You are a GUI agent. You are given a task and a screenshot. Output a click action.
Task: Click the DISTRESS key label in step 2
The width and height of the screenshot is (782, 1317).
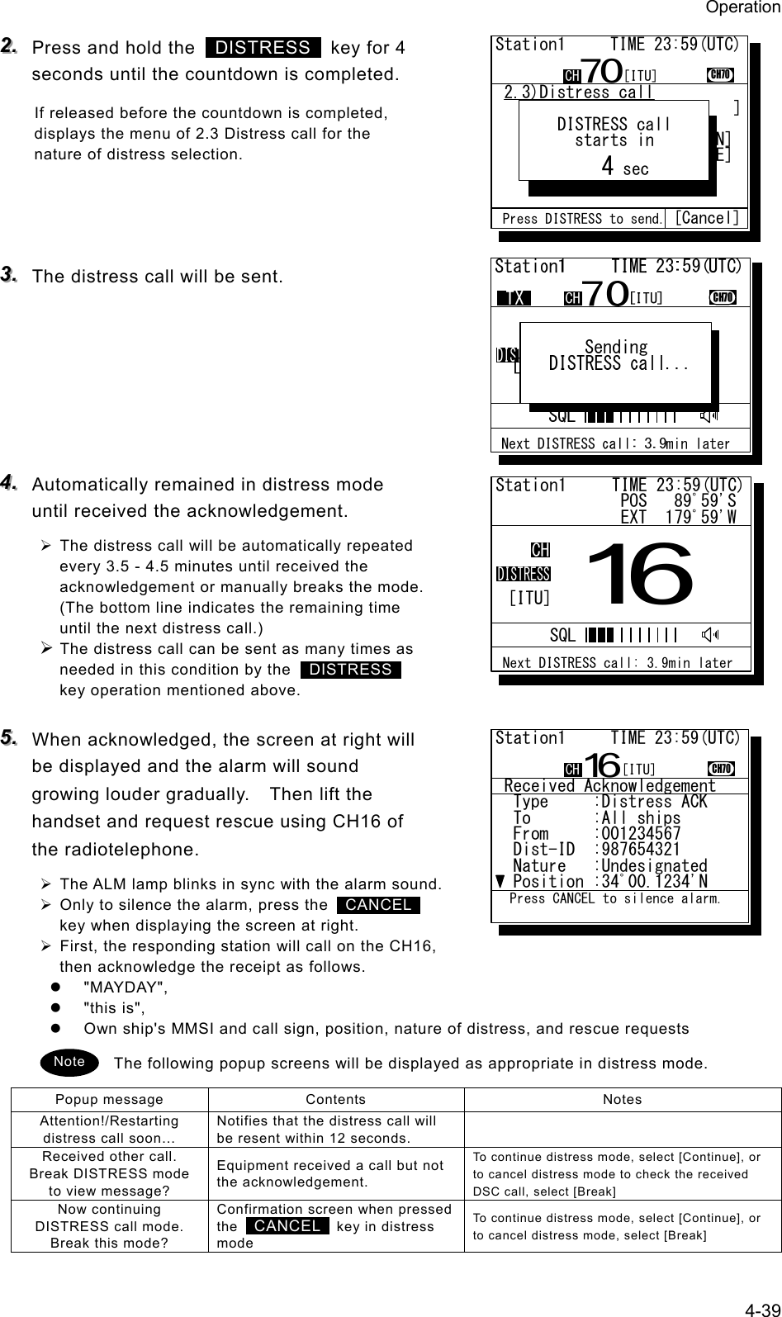tap(263, 48)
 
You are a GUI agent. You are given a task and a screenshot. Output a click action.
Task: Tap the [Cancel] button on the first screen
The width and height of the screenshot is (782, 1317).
tap(706, 218)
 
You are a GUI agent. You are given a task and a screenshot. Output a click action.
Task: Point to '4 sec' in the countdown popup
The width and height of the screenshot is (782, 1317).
tap(624, 168)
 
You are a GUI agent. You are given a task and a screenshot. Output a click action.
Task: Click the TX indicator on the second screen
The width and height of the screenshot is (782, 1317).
tap(514, 298)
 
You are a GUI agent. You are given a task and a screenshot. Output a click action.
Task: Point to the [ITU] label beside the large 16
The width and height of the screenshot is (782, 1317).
tap(529, 597)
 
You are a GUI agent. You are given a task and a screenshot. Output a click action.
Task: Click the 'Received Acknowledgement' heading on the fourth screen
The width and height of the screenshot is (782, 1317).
tap(609, 786)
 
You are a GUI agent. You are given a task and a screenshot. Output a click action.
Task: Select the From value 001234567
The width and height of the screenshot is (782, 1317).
tap(642, 834)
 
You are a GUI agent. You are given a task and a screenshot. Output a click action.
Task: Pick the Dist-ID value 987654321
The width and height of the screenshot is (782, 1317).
tap(642, 850)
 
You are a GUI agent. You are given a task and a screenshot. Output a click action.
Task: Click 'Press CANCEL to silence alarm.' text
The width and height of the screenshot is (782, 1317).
tap(615, 898)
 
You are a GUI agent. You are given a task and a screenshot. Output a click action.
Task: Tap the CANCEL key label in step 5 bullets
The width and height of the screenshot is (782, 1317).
tap(378, 905)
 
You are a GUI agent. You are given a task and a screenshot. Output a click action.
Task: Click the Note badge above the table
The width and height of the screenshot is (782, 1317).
tap(69, 1061)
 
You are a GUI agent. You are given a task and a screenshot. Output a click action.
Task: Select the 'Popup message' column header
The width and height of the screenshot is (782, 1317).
tap(109, 1100)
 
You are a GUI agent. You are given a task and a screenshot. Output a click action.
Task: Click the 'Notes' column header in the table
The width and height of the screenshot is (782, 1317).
tap(622, 1100)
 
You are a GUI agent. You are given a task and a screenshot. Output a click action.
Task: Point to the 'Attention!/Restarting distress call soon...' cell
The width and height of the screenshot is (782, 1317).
tap(109, 1130)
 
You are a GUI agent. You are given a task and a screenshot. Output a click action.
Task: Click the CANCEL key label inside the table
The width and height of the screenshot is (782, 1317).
tap(287, 1226)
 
